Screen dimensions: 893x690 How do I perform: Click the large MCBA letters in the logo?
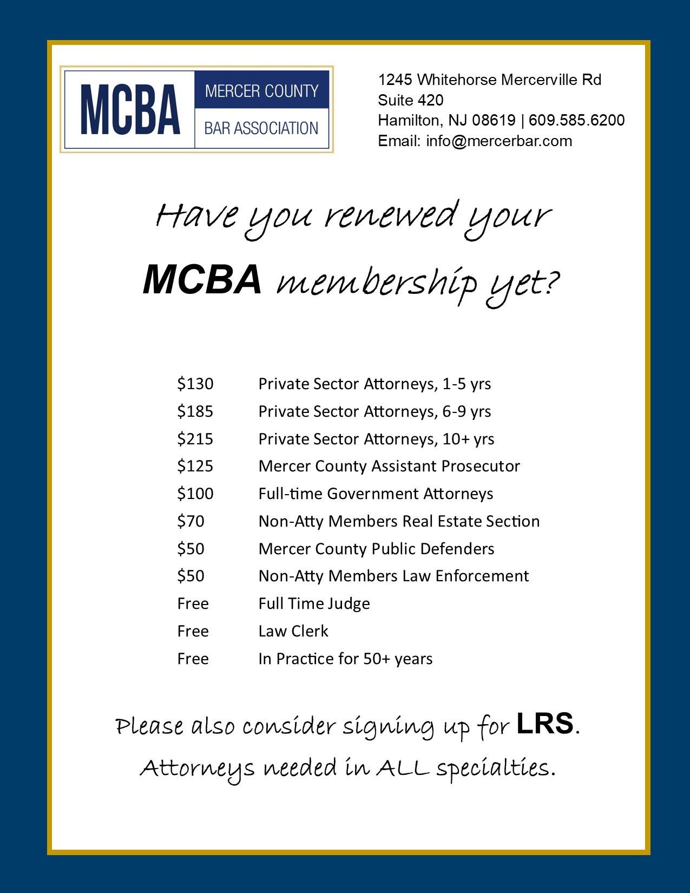(130, 109)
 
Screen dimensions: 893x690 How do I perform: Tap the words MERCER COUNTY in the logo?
(261, 90)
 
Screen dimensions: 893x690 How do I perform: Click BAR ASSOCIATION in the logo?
(261, 128)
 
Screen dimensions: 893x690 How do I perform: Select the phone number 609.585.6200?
(576, 120)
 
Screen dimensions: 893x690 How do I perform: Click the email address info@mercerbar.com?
(499, 141)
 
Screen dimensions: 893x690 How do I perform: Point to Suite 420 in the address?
(411, 100)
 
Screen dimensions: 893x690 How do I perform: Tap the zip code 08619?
(494, 120)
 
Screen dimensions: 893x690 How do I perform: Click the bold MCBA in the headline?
(202, 280)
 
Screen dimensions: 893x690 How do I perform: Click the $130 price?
(195, 384)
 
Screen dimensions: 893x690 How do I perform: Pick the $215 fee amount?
(195, 438)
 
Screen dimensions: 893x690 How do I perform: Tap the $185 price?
(195, 411)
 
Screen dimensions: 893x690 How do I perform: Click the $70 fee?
(191, 521)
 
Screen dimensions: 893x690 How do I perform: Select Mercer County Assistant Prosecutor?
(389, 466)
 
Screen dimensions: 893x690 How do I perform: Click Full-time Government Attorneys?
(376, 494)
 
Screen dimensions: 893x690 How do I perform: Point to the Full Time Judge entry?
(314, 603)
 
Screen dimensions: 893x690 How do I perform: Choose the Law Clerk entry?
(293, 631)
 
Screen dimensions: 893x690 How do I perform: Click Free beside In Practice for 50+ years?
(193, 659)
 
